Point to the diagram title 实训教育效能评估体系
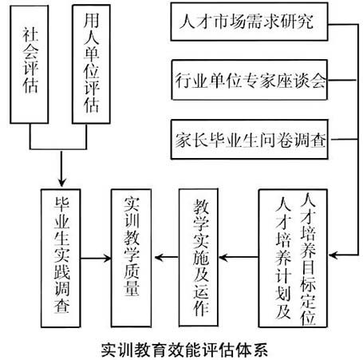point(181,348)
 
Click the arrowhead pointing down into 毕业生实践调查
point(63,182)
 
